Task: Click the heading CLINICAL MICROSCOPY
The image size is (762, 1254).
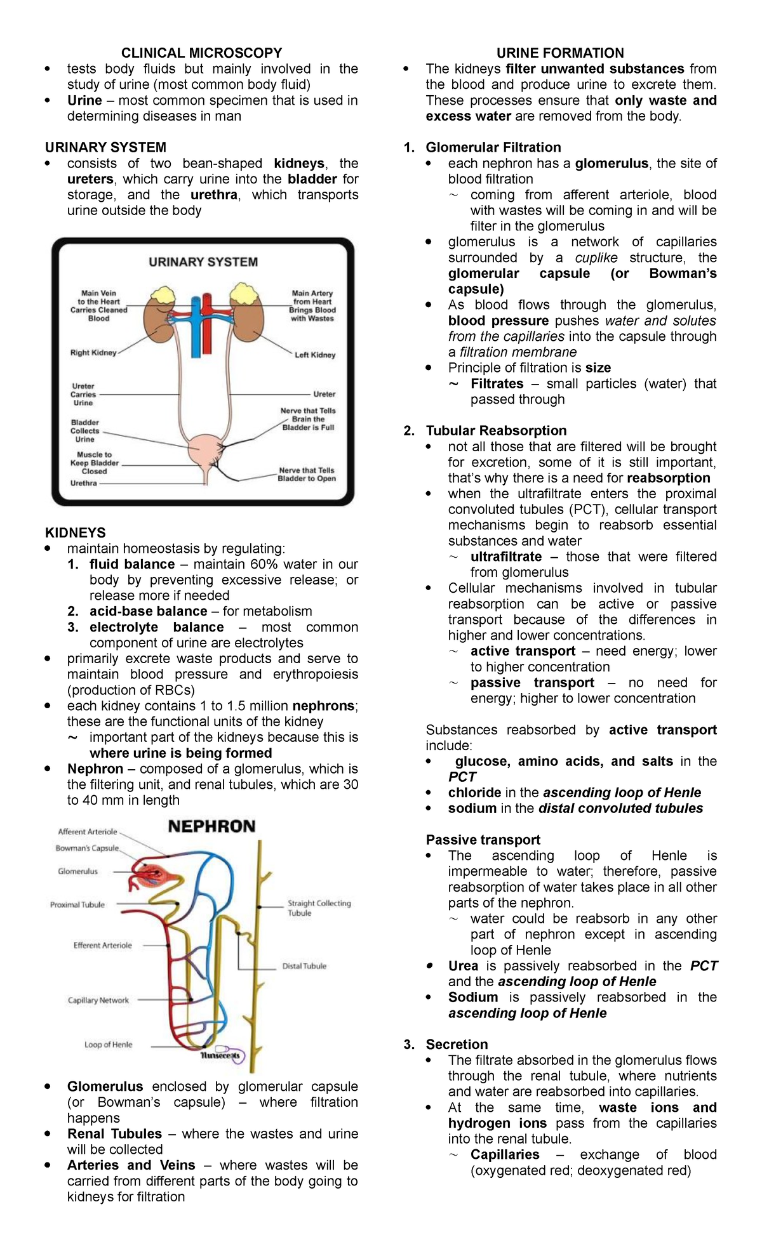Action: (201, 53)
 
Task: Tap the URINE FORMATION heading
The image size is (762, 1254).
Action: (559, 53)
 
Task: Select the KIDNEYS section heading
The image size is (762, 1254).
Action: (75, 532)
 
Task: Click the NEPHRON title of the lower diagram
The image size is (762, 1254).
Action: (211, 826)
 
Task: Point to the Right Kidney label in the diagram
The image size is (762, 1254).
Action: (93, 353)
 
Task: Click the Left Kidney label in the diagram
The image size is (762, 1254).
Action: (315, 355)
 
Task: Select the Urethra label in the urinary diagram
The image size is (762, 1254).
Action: (84, 483)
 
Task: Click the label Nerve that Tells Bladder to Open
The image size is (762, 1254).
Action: (307, 475)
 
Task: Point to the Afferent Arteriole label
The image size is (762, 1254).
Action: (88, 831)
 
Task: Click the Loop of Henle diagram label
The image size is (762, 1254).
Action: (109, 1045)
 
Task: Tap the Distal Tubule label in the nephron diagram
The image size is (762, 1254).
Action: (304, 966)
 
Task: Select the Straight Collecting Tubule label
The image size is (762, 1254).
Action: (319, 908)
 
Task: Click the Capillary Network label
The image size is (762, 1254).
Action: (98, 1000)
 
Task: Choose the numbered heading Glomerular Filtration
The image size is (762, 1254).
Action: (493, 147)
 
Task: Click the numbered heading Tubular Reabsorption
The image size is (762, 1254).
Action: (496, 430)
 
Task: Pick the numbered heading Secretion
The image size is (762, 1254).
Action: (457, 1044)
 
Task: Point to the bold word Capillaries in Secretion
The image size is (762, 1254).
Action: (505, 1154)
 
